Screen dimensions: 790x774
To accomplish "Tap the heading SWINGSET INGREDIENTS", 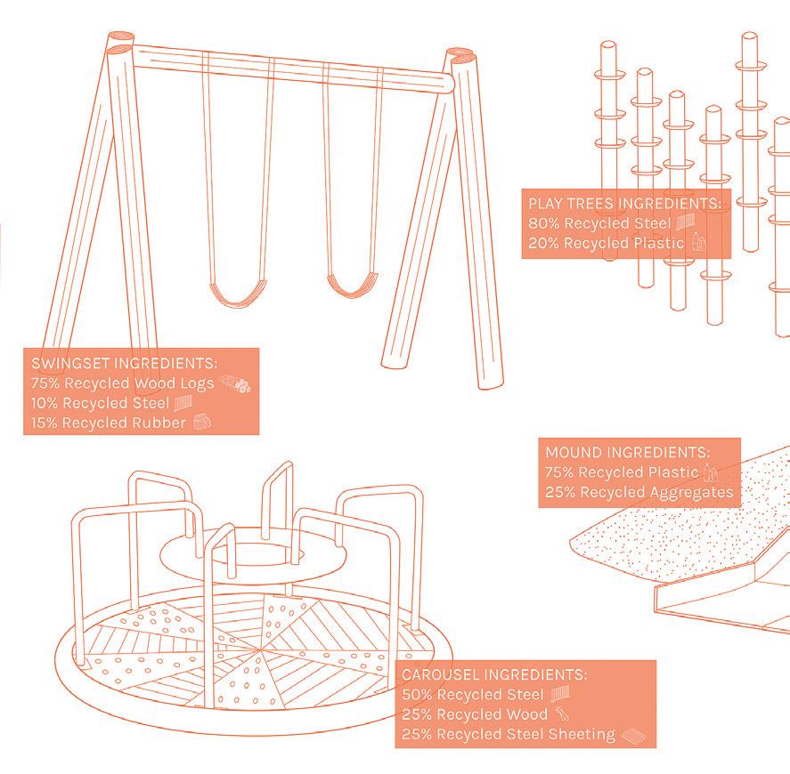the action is [124, 364].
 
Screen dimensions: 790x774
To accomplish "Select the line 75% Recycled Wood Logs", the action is [122, 383].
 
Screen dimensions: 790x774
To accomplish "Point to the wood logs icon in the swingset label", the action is [236, 383].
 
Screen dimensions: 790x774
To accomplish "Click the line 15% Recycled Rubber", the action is [108, 423].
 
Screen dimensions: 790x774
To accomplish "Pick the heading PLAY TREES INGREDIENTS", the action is [624, 203].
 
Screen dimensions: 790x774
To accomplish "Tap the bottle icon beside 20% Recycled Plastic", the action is [699, 241].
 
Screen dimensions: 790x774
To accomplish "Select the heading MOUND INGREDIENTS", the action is [627, 452].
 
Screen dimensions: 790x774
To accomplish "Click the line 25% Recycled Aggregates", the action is [639, 492].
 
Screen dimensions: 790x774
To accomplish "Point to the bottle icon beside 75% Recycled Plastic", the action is [710, 472].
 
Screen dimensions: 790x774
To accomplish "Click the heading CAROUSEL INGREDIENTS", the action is [494, 674].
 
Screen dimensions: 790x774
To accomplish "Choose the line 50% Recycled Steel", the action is [473, 694].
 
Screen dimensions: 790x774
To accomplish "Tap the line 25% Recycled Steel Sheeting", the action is [509, 734].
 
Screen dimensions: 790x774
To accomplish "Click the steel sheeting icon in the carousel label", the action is [631, 734].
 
